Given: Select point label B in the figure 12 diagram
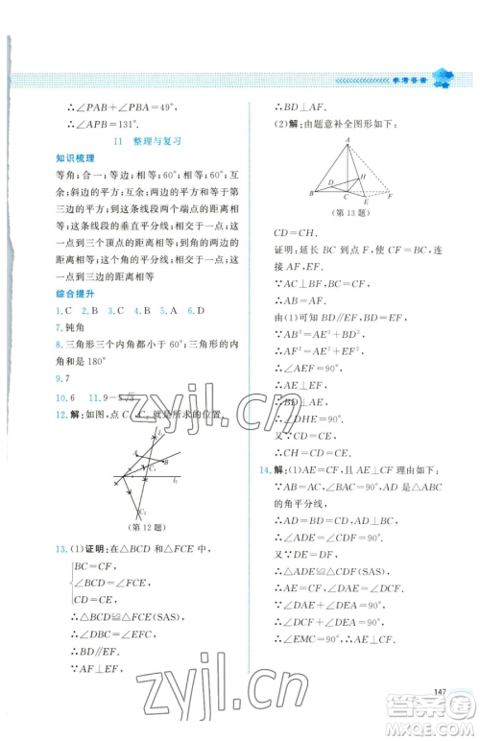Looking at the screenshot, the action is click(x=167, y=461).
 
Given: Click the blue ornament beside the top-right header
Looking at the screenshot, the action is click(x=443, y=79).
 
